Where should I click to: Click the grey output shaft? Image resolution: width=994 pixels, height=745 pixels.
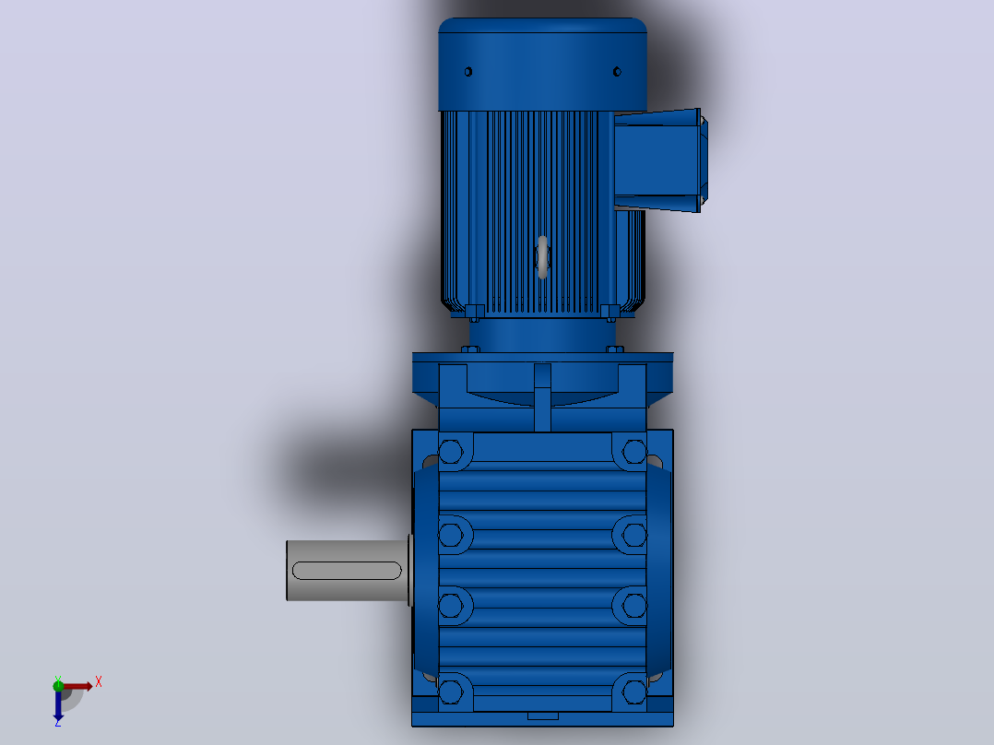click(348, 571)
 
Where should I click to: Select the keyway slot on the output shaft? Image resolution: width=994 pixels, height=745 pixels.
click(347, 571)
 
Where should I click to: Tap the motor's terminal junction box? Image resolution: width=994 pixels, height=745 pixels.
click(659, 160)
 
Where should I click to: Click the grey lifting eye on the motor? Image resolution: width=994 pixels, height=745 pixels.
click(542, 257)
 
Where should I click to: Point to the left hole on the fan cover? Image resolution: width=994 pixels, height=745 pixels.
click(467, 72)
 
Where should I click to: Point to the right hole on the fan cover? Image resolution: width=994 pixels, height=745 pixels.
click(617, 72)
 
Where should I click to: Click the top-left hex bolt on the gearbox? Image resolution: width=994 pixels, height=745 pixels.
click(451, 452)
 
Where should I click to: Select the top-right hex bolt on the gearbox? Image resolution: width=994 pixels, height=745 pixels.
click(634, 452)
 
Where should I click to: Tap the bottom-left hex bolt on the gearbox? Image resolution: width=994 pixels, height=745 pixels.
click(451, 692)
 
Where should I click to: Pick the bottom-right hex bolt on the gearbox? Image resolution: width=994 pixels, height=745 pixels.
click(634, 692)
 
